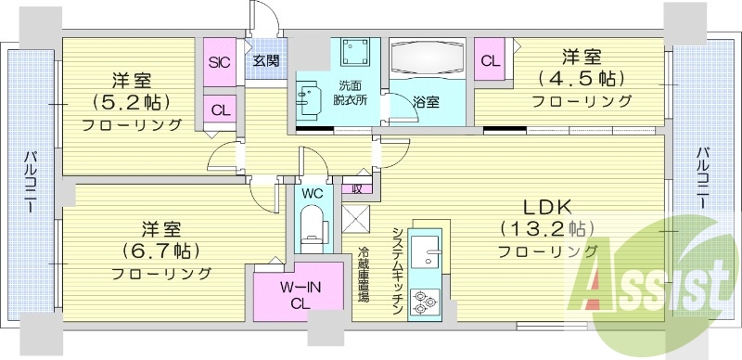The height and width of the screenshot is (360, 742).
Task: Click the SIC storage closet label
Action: pyautogui.click(x=220, y=63)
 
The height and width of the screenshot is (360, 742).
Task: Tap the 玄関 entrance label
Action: pyautogui.click(x=266, y=62)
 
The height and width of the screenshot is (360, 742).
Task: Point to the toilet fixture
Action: pyautogui.click(x=314, y=225)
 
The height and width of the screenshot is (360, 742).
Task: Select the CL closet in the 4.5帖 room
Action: pyautogui.click(x=491, y=61)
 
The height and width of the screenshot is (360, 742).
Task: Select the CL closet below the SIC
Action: pyautogui.click(x=220, y=109)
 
